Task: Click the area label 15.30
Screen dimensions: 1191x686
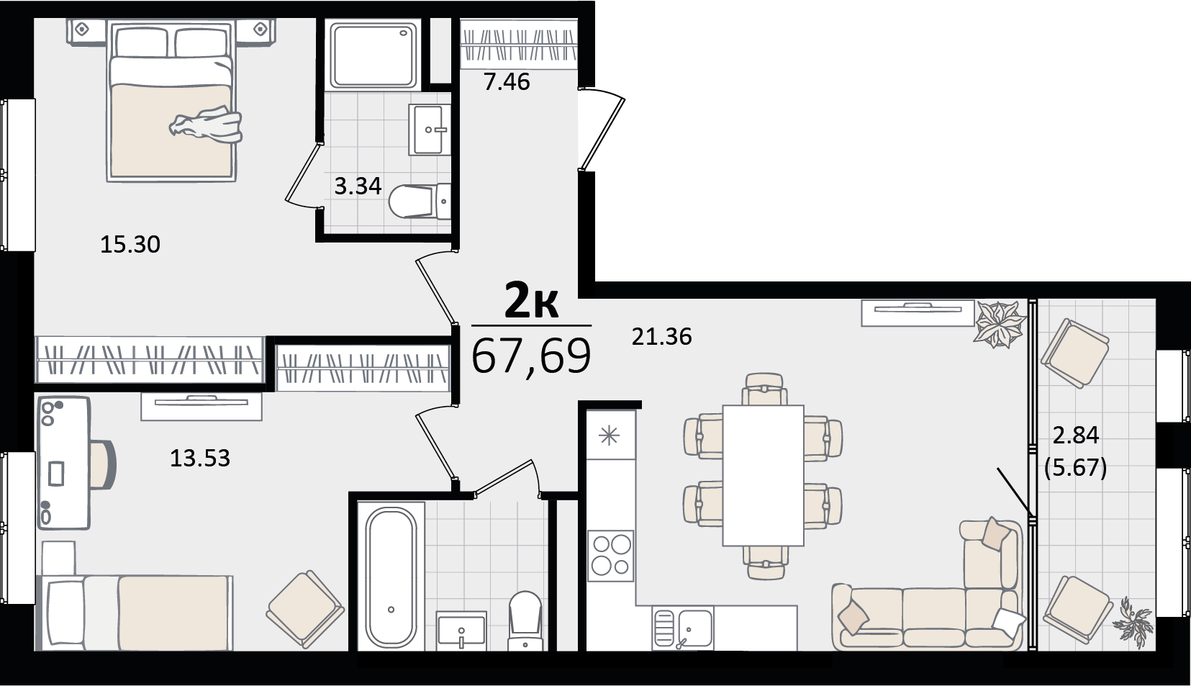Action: coord(130,245)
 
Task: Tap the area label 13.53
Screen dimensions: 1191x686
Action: coord(200,458)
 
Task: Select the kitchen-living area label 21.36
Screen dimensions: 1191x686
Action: coord(661,337)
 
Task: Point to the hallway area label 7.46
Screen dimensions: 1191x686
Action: coord(507,82)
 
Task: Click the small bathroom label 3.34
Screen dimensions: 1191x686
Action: coord(358,186)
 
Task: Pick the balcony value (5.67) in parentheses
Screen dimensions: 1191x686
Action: coord(1076,468)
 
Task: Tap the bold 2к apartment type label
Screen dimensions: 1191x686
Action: coord(531,300)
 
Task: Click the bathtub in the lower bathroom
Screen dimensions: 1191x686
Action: coord(391,577)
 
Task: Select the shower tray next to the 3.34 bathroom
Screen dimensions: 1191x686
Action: coord(373,55)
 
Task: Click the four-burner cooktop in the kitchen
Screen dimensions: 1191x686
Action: coord(610,556)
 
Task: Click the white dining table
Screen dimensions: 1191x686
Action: coord(763,475)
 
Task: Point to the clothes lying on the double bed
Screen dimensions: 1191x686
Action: coord(207,125)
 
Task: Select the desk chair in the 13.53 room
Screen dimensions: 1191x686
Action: coord(103,464)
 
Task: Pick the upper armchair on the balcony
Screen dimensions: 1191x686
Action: coord(1074,353)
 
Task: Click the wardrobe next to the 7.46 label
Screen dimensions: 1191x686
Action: coord(519,45)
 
